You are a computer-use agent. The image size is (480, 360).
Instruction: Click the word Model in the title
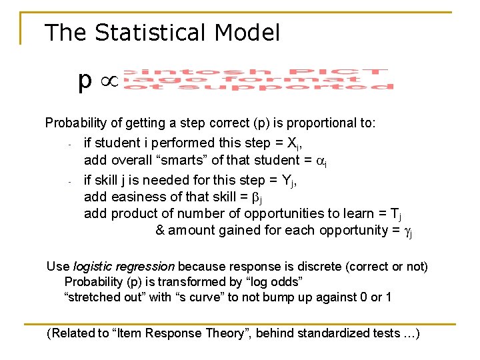[x=248, y=32]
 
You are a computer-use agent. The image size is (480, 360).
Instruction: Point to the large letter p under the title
[x=84, y=81]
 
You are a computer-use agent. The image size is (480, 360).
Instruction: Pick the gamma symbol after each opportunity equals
[x=409, y=231]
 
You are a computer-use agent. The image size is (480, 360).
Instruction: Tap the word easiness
[x=136, y=196]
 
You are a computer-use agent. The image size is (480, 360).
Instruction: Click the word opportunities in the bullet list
[x=283, y=213]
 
